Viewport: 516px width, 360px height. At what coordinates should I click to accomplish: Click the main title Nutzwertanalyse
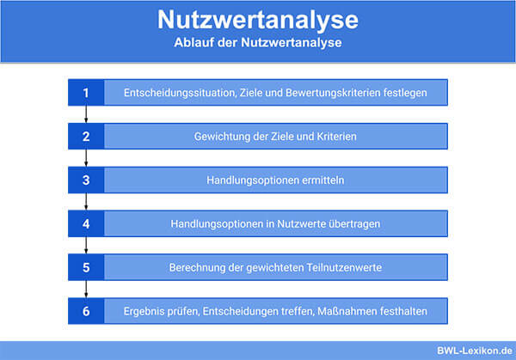(258, 21)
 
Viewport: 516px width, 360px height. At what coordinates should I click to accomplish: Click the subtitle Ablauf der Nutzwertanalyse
(258, 42)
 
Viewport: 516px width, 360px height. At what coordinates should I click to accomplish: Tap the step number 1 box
(86, 93)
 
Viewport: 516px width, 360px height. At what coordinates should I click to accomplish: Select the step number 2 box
(86, 136)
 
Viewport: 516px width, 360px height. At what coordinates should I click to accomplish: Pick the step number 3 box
(86, 180)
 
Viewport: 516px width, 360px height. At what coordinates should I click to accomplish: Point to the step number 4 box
(86, 223)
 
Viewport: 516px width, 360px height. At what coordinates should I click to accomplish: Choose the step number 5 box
(86, 267)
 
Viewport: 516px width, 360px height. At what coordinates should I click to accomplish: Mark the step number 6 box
(86, 311)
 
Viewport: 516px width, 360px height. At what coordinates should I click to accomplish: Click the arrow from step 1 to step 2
(86, 114)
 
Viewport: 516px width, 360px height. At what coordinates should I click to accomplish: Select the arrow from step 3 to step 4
(86, 202)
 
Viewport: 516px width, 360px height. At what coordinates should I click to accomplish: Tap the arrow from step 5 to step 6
(86, 289)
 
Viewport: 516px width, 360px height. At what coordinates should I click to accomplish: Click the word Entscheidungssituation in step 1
(180, 93)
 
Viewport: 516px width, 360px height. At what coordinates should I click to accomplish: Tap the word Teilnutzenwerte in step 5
(344, 267)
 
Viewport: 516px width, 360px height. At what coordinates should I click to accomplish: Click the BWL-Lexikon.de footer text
(475, 351)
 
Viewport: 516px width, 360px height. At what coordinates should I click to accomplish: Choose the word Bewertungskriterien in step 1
(333, 93)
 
